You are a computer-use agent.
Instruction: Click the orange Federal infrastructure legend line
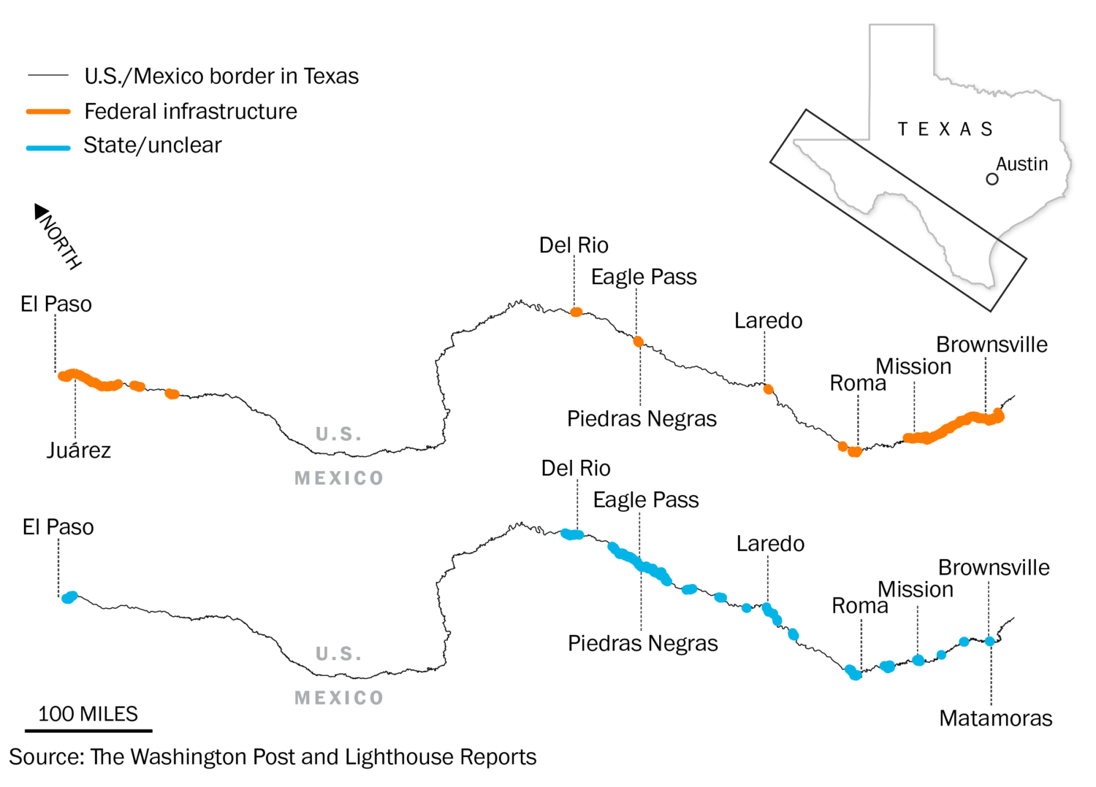pyautogui.click(x=48, y=112)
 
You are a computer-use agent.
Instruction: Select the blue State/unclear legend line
pyautogui.click(x=48, y=147)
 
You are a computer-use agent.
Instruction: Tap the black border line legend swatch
pyautogui.click(x=48, y=75)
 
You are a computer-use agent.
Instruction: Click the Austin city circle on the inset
pyautogui.click(x=992, y=179)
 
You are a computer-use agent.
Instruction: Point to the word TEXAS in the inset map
pyautogui.click(x=945, y=129)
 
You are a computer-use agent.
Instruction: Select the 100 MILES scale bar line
pyautogui.click(x=88, y=729)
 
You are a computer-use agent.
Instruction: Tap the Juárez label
pyautogui.click(x=79, y=450)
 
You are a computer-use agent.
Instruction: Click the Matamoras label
pyautogui.click(x=995, y=718)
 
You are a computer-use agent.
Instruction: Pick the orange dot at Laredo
pyautogui.click(x=768, y=389)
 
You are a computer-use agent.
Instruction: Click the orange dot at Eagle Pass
pyautogui.click(x=638, y=342)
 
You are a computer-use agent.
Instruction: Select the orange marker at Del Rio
pyautogui.click(x=576, y=312)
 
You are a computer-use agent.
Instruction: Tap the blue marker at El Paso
pyautogui.click(x=69, y=597)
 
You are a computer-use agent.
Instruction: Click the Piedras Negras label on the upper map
pyautogui.click(x=642, y=418)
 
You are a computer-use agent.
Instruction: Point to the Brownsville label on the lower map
pyautogui.click(x=994, y=567)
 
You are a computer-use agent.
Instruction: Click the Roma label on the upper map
pyautogui.click(x=857, y=383)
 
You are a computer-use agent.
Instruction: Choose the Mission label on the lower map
pyautogui.click(x=915, y=589)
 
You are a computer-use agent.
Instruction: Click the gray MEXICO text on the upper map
pyautogui.click(x=339, y=478)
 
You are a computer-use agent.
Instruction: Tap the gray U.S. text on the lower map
pyautogui.click(x=339, y=653)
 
